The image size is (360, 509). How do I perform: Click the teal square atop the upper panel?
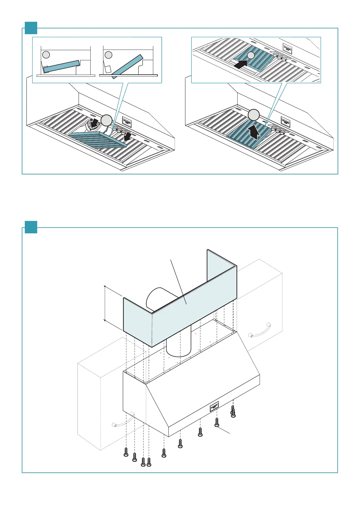point(31,28)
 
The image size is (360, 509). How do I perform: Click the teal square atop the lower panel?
point(31,227)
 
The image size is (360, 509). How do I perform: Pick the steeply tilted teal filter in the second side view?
point(127,66)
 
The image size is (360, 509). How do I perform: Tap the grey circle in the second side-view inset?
point(108,55)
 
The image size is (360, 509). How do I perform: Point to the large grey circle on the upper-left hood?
point(107,121)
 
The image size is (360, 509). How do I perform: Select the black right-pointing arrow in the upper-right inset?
point(241,64)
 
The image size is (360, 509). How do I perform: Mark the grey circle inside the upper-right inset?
point(250,55)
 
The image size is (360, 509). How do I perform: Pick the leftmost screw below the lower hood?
point(126,452)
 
